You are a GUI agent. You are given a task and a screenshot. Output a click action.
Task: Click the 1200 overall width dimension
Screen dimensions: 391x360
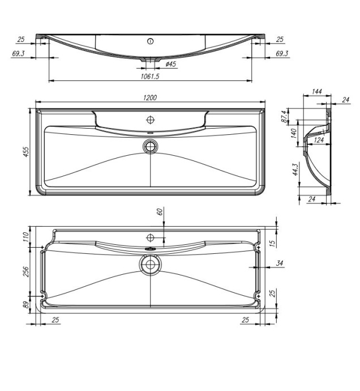149,98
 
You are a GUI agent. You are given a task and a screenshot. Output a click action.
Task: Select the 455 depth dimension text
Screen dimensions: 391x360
25,151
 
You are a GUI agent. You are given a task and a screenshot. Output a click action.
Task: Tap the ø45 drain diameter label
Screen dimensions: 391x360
170,65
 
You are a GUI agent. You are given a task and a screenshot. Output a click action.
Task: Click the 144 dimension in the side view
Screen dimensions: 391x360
317,91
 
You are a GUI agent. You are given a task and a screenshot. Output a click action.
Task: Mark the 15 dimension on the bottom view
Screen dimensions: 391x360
272,243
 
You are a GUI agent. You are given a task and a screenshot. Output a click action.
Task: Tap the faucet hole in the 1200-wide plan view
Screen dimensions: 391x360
151,120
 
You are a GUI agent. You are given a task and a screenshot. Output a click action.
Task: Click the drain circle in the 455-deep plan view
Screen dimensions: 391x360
151,146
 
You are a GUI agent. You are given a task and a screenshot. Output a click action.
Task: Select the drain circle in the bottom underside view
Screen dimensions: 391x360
151,264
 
